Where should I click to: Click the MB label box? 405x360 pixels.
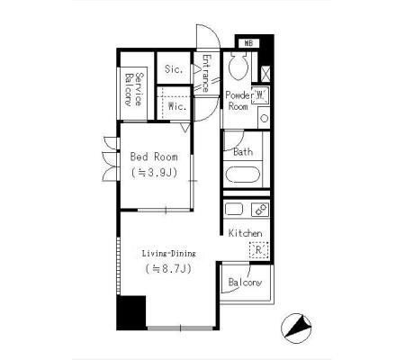click(248, 43)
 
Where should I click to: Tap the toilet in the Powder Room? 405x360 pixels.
click(238, 66)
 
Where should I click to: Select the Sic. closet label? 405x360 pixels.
click(174, 69)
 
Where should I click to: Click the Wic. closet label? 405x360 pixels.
click(177, 106)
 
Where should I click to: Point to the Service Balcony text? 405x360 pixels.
click(133, 89)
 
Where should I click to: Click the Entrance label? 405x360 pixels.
click(206, 73)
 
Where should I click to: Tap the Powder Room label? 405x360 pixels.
click(238, 101)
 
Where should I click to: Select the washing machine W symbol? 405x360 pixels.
click(260, 95)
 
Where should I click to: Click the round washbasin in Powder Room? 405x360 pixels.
click(264, 118)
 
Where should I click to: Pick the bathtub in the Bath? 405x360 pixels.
click(242, 175)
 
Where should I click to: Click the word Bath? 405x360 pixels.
click(243, 152)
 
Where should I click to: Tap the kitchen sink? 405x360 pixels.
click(234, 209)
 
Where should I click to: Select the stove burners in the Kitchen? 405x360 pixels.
click(260, 209)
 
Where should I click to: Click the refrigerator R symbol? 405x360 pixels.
click(258, 250)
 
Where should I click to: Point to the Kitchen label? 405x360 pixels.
click(245, 233)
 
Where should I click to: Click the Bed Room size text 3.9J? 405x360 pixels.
click(154, 173)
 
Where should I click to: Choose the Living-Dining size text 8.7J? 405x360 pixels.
click(168, 268)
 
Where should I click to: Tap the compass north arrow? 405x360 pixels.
click(297, 328)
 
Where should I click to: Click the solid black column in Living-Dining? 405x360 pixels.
click(131, 313)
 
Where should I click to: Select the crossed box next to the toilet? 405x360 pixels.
click(265, 74)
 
